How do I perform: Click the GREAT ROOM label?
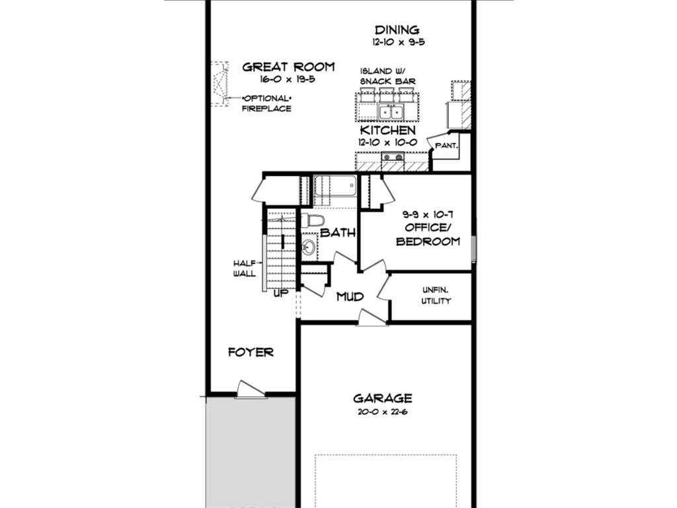(x=288, y=67)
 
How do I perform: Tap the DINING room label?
(x=397, y=30)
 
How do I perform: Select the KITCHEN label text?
(x=387, y=130)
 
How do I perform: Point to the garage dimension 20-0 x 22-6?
(x=383, y=411)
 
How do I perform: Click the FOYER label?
(x=251, y=352)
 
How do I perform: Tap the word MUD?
(x=350, y=296)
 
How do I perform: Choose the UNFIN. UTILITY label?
(x=436, y=296)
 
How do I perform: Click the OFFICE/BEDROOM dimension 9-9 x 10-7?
(x=428, y=214)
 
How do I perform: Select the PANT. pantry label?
(x=446, y=146)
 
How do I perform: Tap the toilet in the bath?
(x=313, y=221)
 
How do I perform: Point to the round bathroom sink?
(x=309, y=247)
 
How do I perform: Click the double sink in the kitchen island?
(x=391, y=112)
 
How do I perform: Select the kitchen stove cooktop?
(x=393, y=157)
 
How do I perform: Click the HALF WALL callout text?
(x=245, y=269)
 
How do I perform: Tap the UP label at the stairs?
(x=281, y=294)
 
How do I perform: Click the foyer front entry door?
(x=251, y=389)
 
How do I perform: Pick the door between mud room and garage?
(x=372, y=317)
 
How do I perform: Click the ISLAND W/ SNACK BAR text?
(x=387, y=76)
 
